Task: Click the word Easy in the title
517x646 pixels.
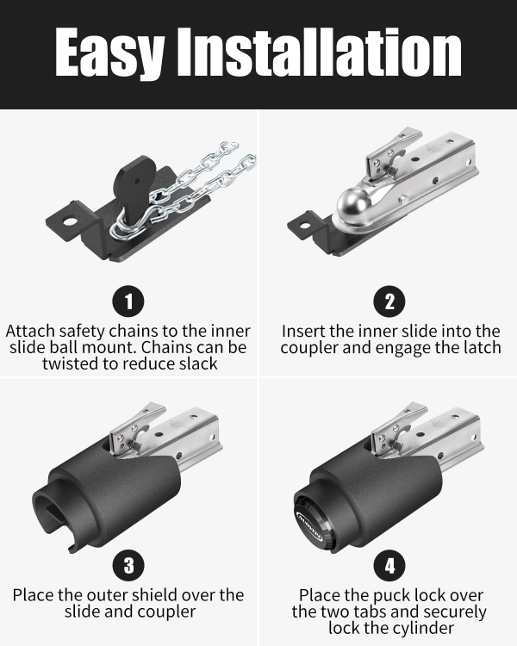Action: click(x=109, y=53)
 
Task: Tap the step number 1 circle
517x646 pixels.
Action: click(x=128, y=301)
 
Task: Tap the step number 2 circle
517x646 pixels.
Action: click(x=389, y=301)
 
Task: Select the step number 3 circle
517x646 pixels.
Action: click(x=128, y=565)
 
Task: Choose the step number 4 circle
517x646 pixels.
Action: click(x=389, y=565)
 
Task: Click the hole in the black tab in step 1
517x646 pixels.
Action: click(x=70, y=221)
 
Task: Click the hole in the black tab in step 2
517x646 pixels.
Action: click(x=305, y=226)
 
